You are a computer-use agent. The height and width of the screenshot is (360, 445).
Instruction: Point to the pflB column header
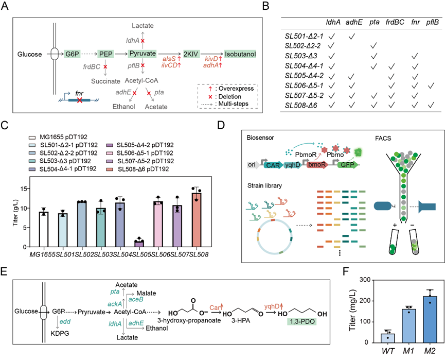click(x=431, y=22)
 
